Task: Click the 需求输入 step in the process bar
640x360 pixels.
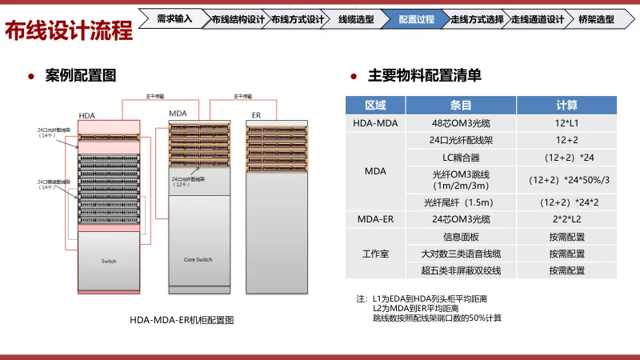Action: coord(174,18)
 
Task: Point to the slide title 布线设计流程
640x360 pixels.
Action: coord(69,31)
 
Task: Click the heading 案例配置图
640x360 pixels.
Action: coord(81,76)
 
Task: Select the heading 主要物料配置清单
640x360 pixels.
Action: coord(424,76)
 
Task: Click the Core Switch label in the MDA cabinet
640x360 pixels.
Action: coord(198,259)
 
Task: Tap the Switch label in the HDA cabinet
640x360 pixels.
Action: coord(109,262)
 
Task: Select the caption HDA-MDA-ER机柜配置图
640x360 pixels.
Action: coord(182,319)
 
